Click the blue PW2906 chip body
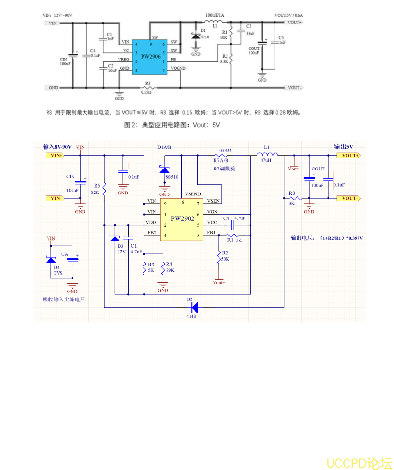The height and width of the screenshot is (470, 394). [150, 57]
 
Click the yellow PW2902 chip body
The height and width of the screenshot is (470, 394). [182, 219]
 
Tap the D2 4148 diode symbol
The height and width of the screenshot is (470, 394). [194, 306]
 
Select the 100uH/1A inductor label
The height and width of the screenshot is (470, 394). [214, 15]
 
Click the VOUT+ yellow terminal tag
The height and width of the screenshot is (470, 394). [348, 156]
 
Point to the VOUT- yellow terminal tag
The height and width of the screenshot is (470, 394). [348, 198]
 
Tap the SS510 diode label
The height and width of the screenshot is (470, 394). [171, 177]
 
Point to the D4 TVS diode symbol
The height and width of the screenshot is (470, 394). [51, 260]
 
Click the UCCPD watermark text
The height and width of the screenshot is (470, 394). [359, 463]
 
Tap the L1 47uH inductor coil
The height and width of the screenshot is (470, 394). [267, 155]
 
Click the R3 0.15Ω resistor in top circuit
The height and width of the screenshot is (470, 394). [148, 88]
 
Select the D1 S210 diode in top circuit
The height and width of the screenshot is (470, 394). [196, 36]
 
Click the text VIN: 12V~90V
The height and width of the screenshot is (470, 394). [57, 15]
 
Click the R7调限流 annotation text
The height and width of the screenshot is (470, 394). [224, 169]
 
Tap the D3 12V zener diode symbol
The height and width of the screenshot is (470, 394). [115, 239]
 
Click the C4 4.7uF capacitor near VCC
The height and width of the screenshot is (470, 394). [234, 224]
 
